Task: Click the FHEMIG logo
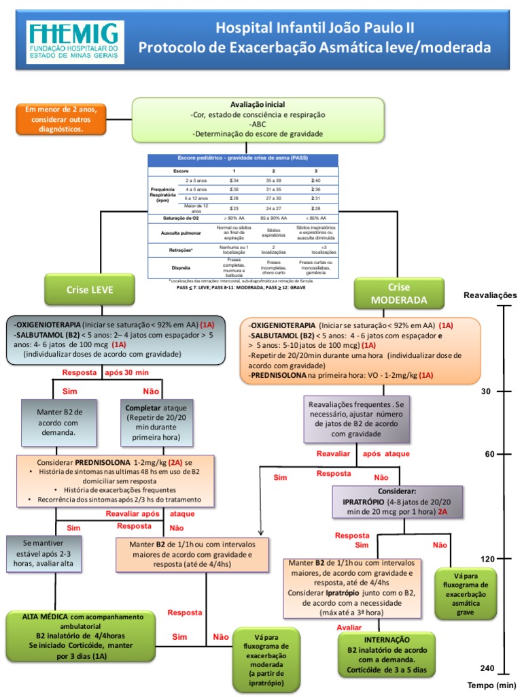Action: click(x=75, y=42)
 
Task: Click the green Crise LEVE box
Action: click(x=89, y=290)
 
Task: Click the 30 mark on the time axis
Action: click(x=485, y=391)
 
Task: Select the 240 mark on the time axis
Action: click(x=487, y=668)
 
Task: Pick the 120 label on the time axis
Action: click(x=487, y=559)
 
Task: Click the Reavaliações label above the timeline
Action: click(x=489, y=295)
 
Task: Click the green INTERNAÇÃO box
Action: click(x=386, y=654)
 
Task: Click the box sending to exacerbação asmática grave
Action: click(x=466, y=594)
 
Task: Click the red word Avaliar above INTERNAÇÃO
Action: click(x=349, y=627)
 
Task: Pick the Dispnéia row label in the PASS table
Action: click(x=181, y=268)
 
